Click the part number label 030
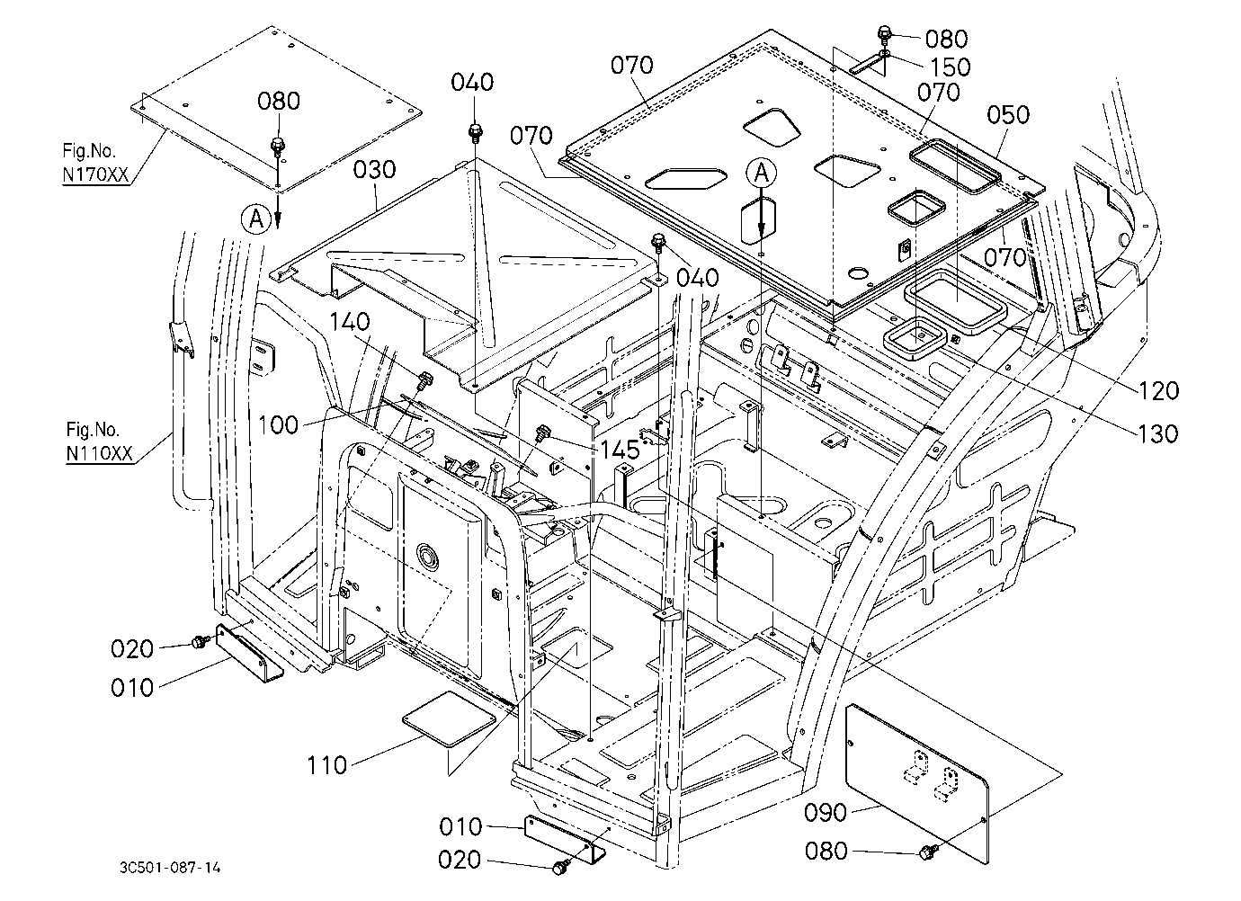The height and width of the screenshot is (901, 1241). [374, 170]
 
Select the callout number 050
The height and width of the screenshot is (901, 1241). [1008, 115]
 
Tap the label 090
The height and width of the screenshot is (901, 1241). [826, 813]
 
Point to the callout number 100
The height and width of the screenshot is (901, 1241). [279, 425]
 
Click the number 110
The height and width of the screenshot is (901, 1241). [326, 765]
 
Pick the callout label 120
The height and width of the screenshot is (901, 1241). [1158, 391]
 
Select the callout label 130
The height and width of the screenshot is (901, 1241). [1158, 434]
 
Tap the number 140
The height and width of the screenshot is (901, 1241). [350, 321]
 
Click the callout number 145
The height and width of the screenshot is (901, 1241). [620, 450]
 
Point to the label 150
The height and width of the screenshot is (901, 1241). [951, 67]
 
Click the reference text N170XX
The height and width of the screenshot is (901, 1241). [96, 174]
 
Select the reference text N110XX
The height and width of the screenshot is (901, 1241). [100, 453]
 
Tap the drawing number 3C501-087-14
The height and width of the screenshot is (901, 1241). [170, 867]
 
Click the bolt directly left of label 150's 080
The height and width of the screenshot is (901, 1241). [884, 33]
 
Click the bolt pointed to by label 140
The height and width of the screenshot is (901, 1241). [425, 380]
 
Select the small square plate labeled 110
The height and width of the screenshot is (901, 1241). [448, 718]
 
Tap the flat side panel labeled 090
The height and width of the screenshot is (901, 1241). [917, 783]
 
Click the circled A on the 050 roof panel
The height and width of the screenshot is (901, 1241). [762, 174]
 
